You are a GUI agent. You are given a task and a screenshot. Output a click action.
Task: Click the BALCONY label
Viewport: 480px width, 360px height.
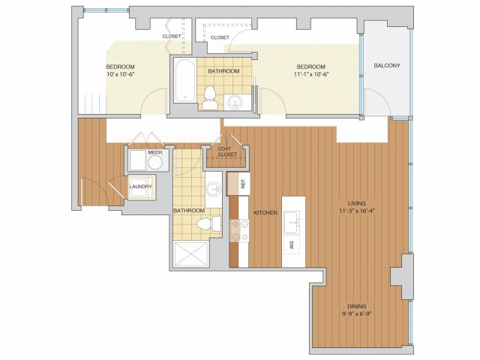[x=387, y=65]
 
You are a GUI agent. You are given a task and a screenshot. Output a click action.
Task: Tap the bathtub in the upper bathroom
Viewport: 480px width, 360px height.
[x=184, y=80]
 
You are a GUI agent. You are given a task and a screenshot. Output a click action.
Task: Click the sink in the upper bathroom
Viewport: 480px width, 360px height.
[x=235, y=102]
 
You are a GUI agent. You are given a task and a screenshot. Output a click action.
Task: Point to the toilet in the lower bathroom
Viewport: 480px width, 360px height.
[x=208, y=223]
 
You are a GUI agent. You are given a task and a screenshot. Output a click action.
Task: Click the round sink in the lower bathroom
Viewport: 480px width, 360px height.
[x=214, y=190]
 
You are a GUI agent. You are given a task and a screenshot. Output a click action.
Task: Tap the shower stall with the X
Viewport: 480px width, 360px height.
[x=190, y=254]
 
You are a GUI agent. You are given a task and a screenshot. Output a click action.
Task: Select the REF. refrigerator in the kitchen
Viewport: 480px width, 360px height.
[x=238, y=184]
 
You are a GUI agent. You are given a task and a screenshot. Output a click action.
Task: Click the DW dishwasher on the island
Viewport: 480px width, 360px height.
[x=292, y=245]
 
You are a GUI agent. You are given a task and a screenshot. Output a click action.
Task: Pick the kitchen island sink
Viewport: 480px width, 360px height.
[x=292, y=223]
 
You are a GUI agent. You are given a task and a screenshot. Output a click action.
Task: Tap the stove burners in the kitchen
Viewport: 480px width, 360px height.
[x=240, y=230]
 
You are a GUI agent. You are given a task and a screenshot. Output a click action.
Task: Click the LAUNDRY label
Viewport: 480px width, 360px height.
[x=140, y=187]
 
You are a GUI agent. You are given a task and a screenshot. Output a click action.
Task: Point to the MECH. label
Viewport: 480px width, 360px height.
[x=155, y=152]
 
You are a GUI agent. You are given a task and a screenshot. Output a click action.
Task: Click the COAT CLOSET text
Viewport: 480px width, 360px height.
[x=227, y=151]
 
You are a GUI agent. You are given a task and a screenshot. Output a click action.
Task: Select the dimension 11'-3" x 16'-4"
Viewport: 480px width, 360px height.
[x=357, y=211]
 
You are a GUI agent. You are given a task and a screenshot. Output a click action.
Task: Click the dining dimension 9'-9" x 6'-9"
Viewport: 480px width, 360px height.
[x=357, y=313]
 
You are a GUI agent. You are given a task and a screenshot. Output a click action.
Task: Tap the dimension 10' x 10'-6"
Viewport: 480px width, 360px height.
[x=121, y=74]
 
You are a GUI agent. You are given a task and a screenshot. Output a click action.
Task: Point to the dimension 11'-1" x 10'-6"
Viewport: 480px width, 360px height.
[x=310, y=74]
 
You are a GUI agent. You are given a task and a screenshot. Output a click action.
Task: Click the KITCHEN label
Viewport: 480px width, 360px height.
[x=265, y=212]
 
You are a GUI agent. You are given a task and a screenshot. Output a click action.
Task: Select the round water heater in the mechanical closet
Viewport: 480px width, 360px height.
[x=155, y=163]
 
